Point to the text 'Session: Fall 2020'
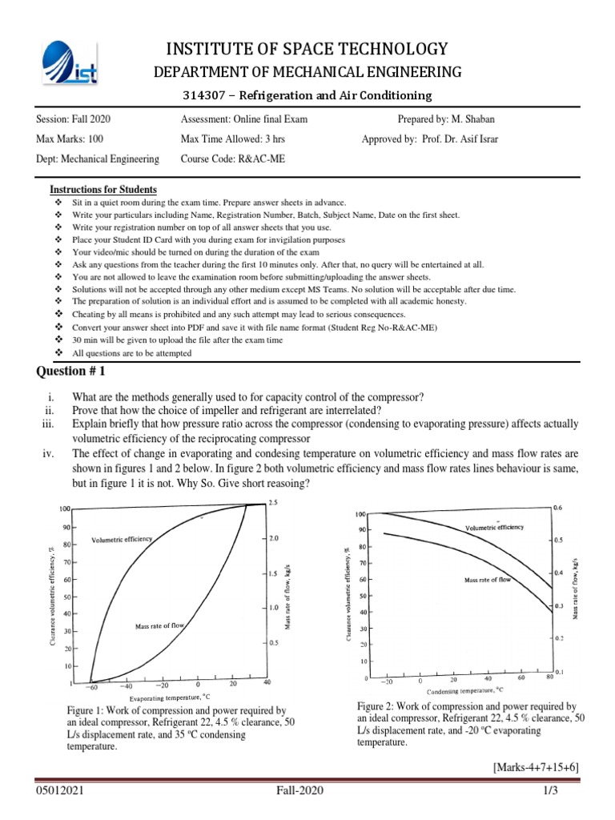tap(74, 119)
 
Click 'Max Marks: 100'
tap(71, 139)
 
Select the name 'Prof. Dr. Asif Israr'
tap(465, 139)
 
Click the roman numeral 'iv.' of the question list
tap(47, 453)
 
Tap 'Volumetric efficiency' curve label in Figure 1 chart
tap(122, 540)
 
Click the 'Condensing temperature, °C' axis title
tap(464, 689)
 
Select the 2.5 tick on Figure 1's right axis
tap(273, 502)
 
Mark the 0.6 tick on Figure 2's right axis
tap(558, 508)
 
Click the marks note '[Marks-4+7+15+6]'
tap(535, 767)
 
